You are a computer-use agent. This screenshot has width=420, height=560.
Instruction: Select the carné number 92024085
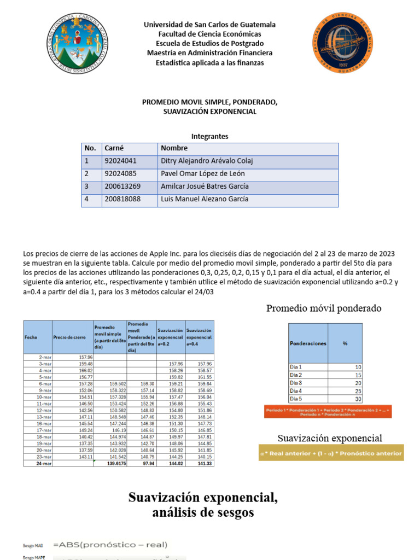click(120, 174)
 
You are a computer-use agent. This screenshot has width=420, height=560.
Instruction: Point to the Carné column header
click(114, 148)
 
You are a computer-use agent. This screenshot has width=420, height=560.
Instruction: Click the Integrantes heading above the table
click(209, 136)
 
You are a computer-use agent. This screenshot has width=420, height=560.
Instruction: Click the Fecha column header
click(31, 337)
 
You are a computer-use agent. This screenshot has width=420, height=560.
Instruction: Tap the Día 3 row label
click(296, 383)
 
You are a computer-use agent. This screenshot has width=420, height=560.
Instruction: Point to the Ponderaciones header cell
click(308, 343)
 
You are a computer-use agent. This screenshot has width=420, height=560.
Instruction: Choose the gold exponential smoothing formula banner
click(331, 453)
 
